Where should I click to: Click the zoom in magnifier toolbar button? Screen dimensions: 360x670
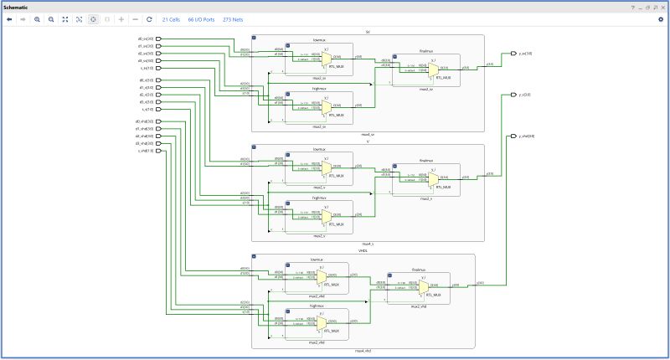click(37, 18)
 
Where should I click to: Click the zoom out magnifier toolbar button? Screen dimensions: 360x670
click(51, 18)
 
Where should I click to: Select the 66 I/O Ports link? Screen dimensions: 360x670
click(200, 18)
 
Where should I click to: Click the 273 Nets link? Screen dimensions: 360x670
click(233, 18)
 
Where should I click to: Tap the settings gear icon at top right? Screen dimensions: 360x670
click(661, 18)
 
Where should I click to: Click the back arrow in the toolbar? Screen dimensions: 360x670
click(8, 18)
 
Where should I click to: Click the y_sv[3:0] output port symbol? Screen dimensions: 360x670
click(513, 53)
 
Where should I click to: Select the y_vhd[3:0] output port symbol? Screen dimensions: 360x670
click(513, 136)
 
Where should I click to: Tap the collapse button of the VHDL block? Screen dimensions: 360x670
click(255, 258)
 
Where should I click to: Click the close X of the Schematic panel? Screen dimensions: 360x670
click(661, 6)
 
